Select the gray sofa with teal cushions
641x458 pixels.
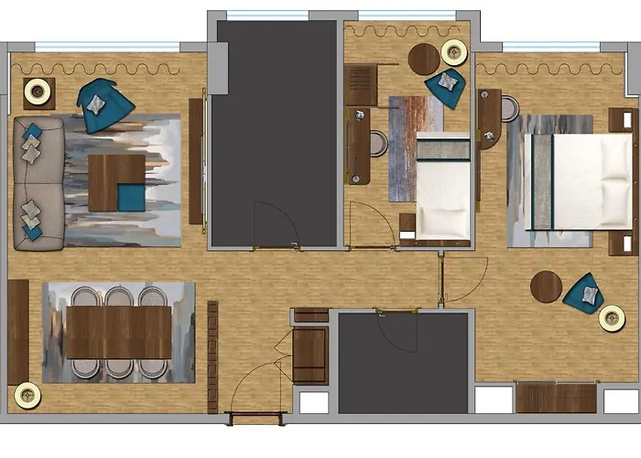coord(38,182)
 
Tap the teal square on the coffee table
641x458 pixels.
coord(130,196)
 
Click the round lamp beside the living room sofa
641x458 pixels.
coord(37,90)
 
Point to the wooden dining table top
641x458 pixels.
coord(119,332)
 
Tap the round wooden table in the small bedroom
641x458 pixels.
coord(424,60)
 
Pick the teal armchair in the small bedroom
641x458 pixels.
coord(447,84)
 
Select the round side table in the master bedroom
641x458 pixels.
coord(547,287)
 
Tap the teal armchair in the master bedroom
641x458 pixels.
coord(582,293)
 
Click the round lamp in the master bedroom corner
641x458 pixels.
coord(612,318)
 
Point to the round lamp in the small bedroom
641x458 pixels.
coord(453,52)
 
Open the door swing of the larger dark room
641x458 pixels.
coord(275,224)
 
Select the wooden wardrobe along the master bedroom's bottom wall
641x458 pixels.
coord(556,398)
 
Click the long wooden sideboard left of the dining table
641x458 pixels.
coord(18,330)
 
